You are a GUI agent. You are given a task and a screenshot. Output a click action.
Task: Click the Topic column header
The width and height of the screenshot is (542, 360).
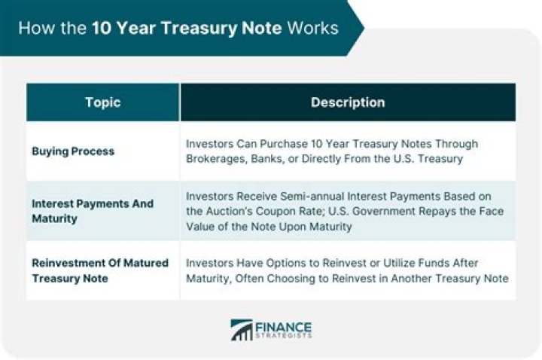point(102,102)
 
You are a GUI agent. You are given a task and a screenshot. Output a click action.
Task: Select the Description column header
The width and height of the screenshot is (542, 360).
point(348,102)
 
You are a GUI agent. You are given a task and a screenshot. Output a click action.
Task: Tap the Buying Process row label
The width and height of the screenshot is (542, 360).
point(73,151)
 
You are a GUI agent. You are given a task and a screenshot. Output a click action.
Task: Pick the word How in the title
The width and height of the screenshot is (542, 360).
point(34,29)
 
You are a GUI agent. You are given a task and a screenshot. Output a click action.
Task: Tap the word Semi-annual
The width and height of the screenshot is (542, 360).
point(315,196)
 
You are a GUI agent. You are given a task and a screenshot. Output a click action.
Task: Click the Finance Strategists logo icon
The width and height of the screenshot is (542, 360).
point(242,330)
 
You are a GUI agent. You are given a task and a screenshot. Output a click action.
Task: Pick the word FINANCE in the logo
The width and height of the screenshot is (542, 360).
point(284,325)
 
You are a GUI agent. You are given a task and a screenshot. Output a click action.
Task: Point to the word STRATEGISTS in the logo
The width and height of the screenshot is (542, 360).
point(284,337)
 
